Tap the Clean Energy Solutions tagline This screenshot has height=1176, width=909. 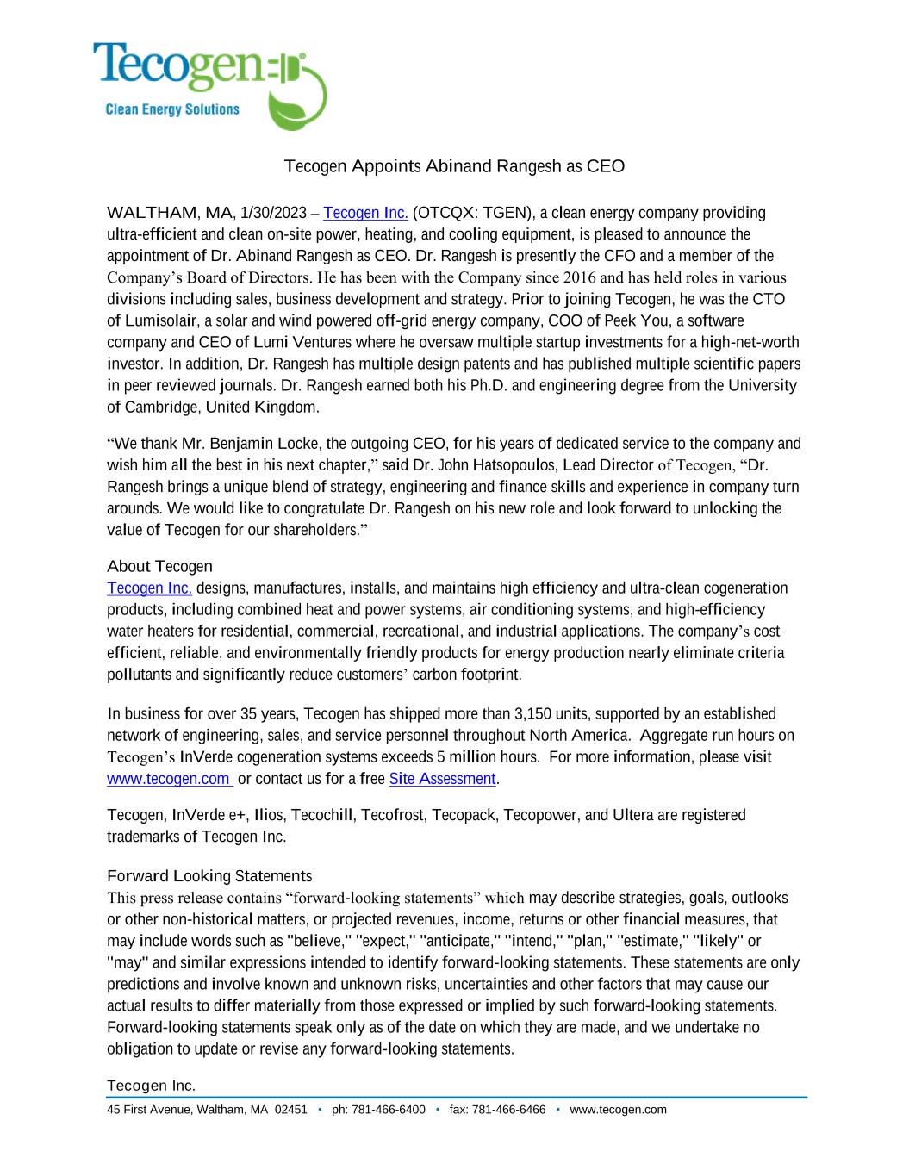(x=171, y=109)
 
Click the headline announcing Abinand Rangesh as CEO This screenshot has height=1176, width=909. (x=454, y=166)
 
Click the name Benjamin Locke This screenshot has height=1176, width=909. (x=261, y=444)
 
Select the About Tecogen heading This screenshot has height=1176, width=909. (x=159, y=566)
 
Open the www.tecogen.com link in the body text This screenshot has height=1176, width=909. (x=169, y=779)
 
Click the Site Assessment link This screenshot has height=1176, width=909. (x=442, y=779)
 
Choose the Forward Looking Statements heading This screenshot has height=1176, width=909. (x=209, y=876)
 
